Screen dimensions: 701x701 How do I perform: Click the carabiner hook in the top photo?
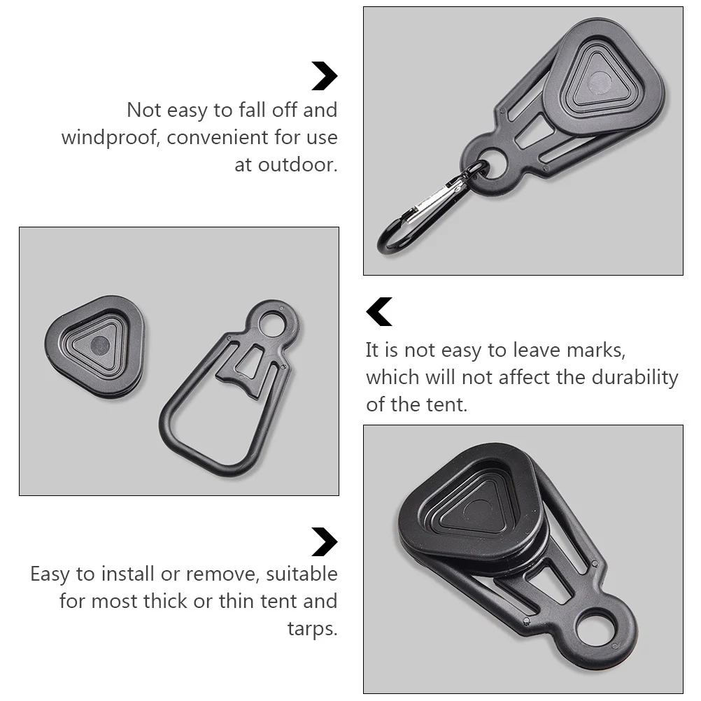click(x=420, y=213)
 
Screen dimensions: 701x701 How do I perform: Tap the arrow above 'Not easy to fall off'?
click(x=324, y=76)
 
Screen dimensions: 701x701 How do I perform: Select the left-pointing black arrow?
click(x=379, y=312)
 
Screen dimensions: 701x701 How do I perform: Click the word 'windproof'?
click(x=111, y=138)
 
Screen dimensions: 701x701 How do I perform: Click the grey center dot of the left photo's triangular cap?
click(x=101, y=344)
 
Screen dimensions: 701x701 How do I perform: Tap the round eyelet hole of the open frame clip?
click(x=271, y=323)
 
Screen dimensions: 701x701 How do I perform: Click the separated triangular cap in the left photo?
click(x=95, y=346)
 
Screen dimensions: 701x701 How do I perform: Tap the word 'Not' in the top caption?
click(x=143, y=111)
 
